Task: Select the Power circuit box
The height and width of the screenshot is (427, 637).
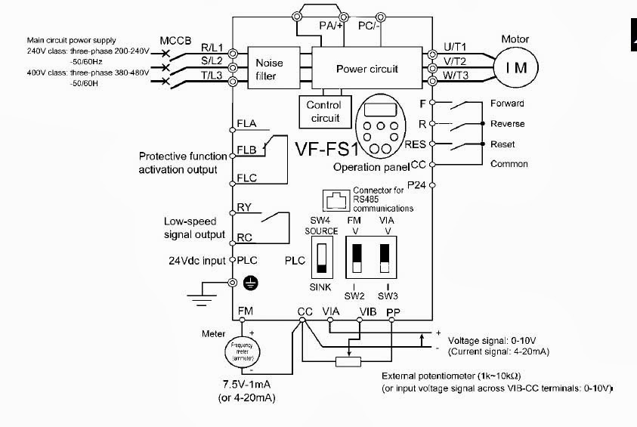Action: (x=366, y=69)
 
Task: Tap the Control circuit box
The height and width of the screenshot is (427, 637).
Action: (x=323, y=112)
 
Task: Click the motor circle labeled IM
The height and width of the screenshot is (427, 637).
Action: (x=516, y=68)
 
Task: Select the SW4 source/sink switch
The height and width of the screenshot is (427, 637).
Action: (x=323, y=257)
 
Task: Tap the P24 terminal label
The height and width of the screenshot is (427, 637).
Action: (x=416, y=184)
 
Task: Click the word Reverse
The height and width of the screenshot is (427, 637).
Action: (x=507, y=123)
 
